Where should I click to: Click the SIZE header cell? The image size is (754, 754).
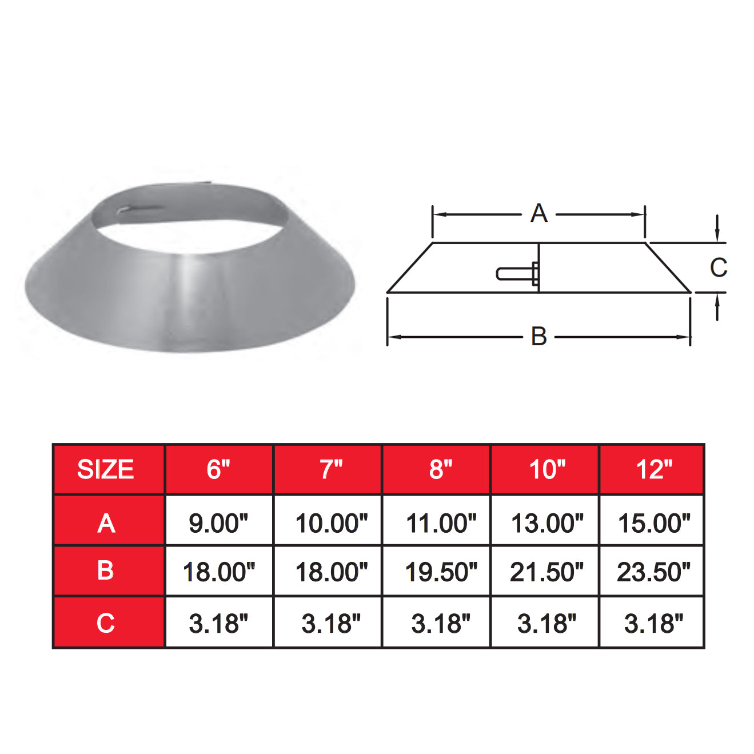point(106,469)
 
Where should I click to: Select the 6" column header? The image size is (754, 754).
point(218,469)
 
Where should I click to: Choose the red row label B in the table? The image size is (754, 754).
point(106,571)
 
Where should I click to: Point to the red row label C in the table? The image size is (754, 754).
point(106,623)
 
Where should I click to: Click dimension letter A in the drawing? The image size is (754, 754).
point(538,213)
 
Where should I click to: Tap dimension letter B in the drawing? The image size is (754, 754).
point(538,336)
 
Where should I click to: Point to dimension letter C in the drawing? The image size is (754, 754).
point(718,267)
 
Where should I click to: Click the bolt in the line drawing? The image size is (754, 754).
point(517,274)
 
